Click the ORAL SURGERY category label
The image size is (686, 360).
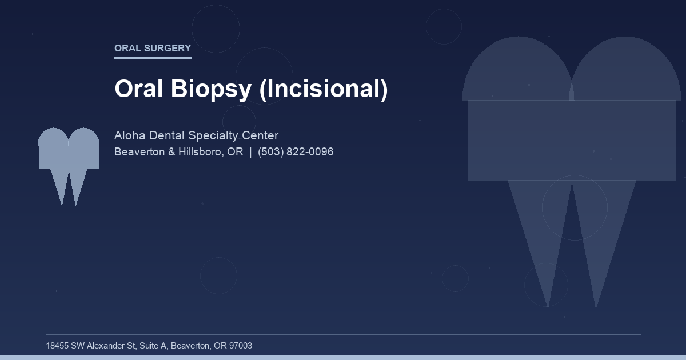(153, 49)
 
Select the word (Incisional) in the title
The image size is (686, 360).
(324, 89)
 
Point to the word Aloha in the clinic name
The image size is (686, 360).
(130, 135)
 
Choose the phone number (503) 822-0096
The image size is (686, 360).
(296, 152)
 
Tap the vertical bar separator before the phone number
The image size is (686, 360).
(250, 152)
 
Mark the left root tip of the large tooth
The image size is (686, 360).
(547, 303)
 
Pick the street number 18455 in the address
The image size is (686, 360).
(57, 346)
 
